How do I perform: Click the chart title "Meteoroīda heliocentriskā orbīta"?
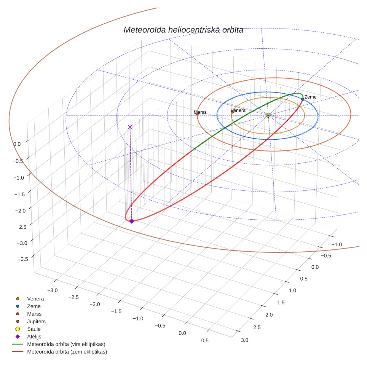(x=183, y=30)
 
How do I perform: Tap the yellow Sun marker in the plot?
(x=268, y=115)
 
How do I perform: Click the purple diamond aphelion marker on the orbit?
(x=132, y=221)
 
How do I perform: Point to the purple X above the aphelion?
(x=130, y=127)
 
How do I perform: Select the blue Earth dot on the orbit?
(x=303, y=99)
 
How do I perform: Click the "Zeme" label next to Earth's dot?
(x=310, y=97)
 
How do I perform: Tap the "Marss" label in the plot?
(x=200, y=112)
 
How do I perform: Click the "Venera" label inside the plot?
(x=238, y=110)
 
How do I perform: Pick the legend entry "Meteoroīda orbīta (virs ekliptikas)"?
(x=59, y=344)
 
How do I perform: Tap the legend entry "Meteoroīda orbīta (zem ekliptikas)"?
(x=60, y=351)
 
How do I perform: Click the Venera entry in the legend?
(x=30, y=298)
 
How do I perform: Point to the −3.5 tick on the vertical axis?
(x=23, y=259)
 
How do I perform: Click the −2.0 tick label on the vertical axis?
(x=21, y=211)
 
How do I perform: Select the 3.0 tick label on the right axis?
(x=244, y=340)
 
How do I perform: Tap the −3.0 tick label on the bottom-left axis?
(x=53, y=290)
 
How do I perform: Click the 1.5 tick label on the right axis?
(x=281, y=302)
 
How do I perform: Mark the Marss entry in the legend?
(x=28, y=314)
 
